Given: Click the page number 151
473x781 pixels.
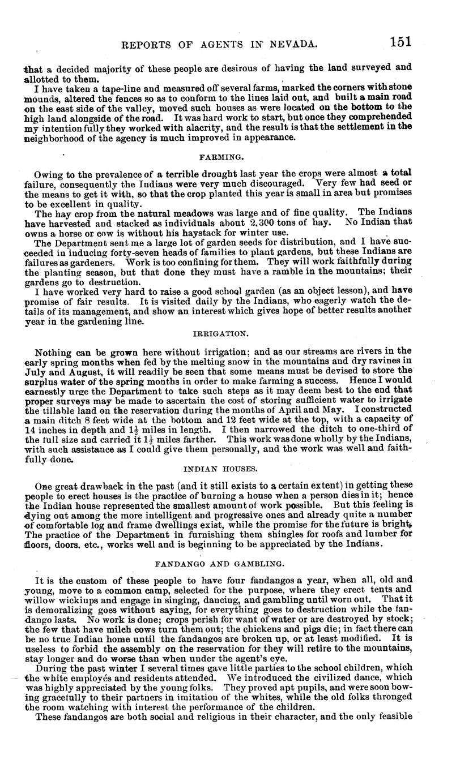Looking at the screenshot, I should pyautogui.click(x=400, y=42).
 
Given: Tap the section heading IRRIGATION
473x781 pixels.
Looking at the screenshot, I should pyautogui.click(x=214, y=335).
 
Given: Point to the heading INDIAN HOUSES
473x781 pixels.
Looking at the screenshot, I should pyautogui.click(x=213, y=470).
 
